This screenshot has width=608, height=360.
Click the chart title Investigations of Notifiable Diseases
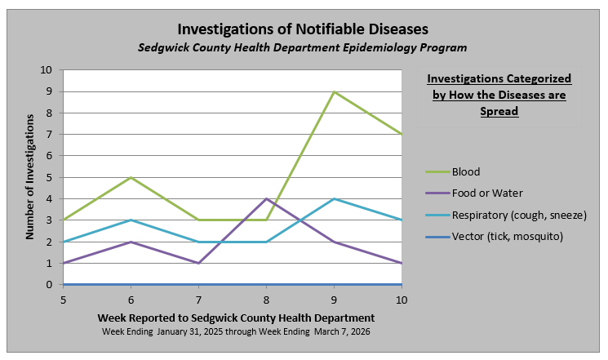pos(303,30)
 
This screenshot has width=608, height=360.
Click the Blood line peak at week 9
pos(334,91)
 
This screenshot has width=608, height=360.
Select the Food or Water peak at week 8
pos(266,198)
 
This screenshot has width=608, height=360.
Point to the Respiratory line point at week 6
pos(131,220)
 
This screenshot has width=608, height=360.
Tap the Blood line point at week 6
pos(131,177)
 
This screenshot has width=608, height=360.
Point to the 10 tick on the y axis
pos(47,70)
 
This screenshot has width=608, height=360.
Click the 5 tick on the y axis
pos(50,177)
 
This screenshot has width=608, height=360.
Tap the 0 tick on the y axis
pos(50,285)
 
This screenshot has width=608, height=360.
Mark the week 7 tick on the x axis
pos(198,300)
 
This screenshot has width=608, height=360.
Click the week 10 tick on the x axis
pos(401,300)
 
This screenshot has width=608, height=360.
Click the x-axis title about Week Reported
pos(236,317)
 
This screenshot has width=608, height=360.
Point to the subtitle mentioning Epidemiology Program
pos(303,48)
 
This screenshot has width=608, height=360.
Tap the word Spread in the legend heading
pos(499,111)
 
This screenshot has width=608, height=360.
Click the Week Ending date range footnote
pos(236,331)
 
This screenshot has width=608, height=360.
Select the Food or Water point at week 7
pos(198,263)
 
